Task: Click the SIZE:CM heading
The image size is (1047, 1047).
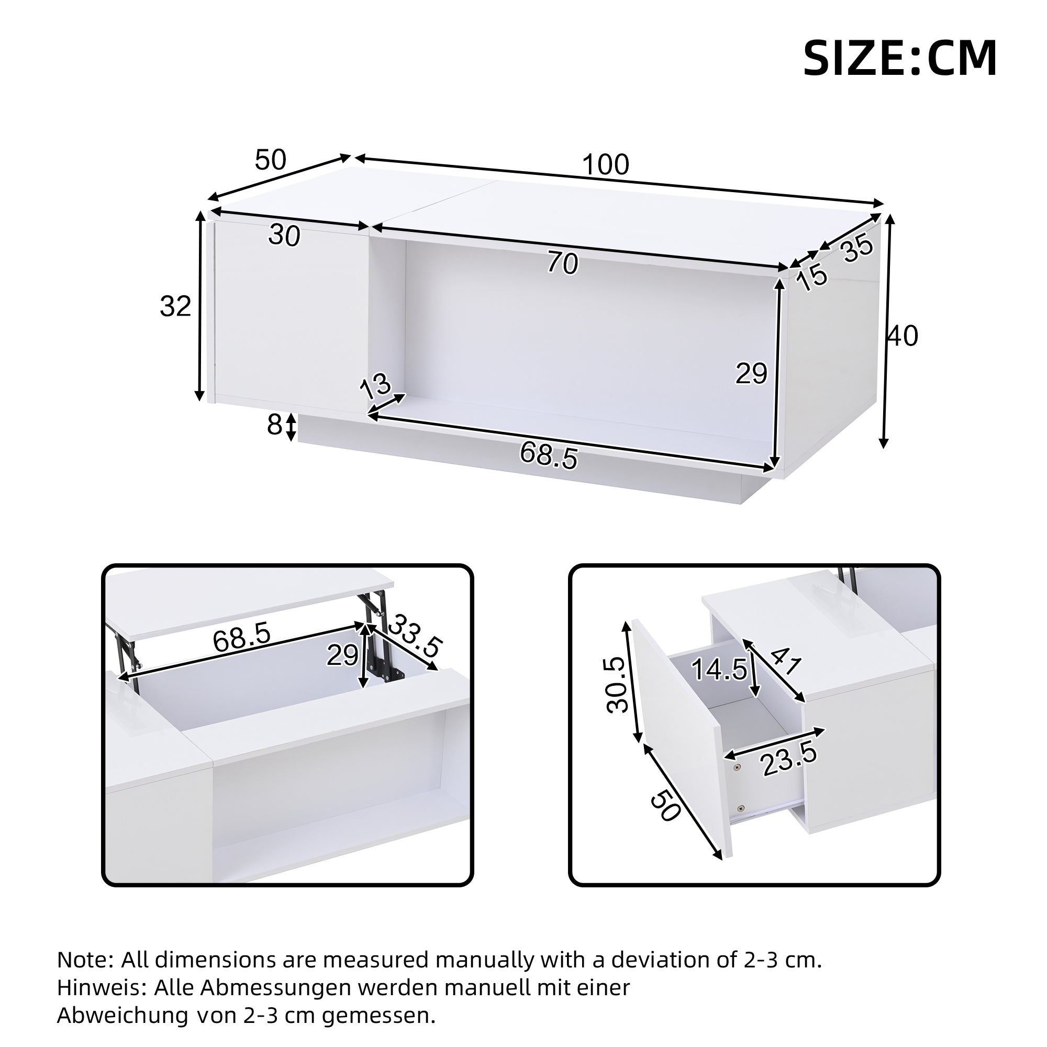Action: [899, 59]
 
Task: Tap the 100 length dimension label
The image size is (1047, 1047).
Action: [605, 164]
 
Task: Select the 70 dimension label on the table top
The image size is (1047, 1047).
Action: [563, 263]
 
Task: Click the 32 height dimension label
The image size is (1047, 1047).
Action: [175, 306]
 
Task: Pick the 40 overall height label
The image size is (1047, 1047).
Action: [903, 336]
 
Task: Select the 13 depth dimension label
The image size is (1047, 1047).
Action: [375, 386]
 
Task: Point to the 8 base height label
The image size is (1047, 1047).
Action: [274, 426]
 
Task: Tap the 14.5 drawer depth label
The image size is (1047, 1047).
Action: [719, 670]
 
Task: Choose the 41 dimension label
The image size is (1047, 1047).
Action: [784, 661]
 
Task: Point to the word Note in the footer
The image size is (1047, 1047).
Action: [84, 960]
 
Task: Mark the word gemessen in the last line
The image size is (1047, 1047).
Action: [378, 1016]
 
